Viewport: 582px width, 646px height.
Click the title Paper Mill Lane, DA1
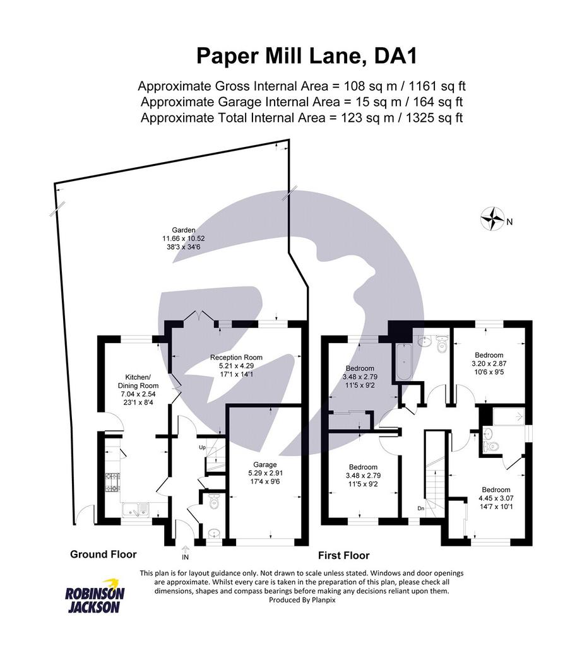coord(307,56)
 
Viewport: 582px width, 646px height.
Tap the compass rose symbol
coord(492,218)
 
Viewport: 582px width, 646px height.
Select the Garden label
coord(184,230)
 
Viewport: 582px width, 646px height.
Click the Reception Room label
coord(236,357)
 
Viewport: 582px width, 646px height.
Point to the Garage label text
coord(265,465)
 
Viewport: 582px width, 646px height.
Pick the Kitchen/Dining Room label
coord(138,382)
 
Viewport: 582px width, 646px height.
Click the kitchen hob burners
coord(112,482)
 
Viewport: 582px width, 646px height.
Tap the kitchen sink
coord(135,509)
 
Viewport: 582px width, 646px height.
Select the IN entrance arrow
coord(185,549)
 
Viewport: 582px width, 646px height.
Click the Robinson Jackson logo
coord(95,596)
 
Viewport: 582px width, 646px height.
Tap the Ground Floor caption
coord(103,554)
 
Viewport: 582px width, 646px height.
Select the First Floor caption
coord(344,555)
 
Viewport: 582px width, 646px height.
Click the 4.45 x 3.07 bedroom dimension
coord(496,498)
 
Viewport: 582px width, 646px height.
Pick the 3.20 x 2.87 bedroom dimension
coord(489,363)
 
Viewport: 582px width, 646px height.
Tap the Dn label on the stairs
coord(421,508)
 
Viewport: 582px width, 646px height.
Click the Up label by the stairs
coord(202,447)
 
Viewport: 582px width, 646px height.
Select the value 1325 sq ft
coord(434,118)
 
